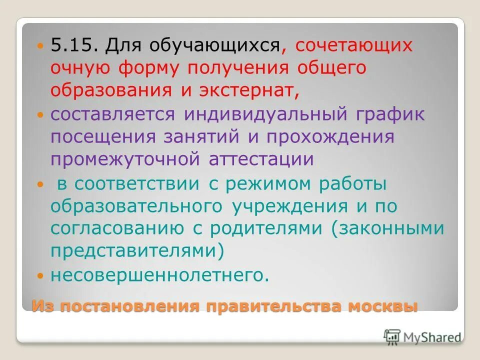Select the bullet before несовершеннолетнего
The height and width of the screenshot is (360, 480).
[40, 275]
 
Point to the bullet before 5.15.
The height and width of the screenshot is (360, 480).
[40, 45]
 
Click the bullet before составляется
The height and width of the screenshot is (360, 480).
[40, 114]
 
